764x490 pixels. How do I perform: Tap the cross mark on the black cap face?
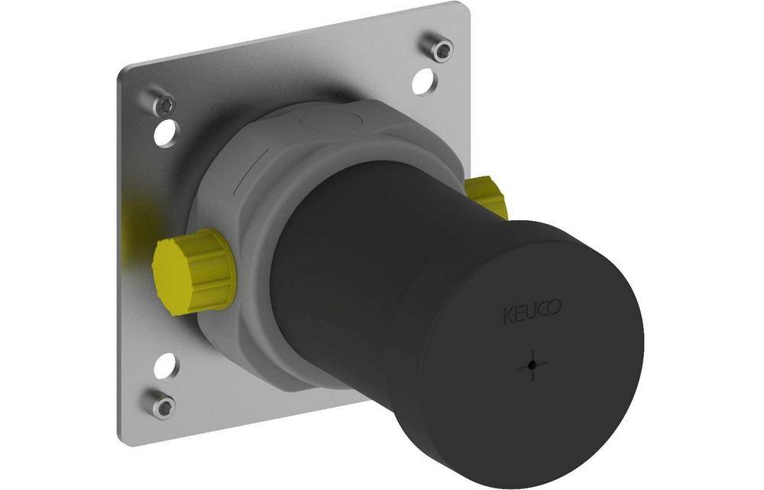[533, 366]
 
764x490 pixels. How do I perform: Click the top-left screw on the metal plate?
[164, 105]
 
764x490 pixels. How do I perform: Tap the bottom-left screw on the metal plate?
[163, 405]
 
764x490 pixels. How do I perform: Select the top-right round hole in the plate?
[423, 82]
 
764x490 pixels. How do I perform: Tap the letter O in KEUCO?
[556, 309]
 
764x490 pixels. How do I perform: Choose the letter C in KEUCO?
[544, 310]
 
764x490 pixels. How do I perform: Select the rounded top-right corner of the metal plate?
[465, 9]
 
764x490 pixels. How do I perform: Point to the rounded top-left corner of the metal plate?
[125, 73]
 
